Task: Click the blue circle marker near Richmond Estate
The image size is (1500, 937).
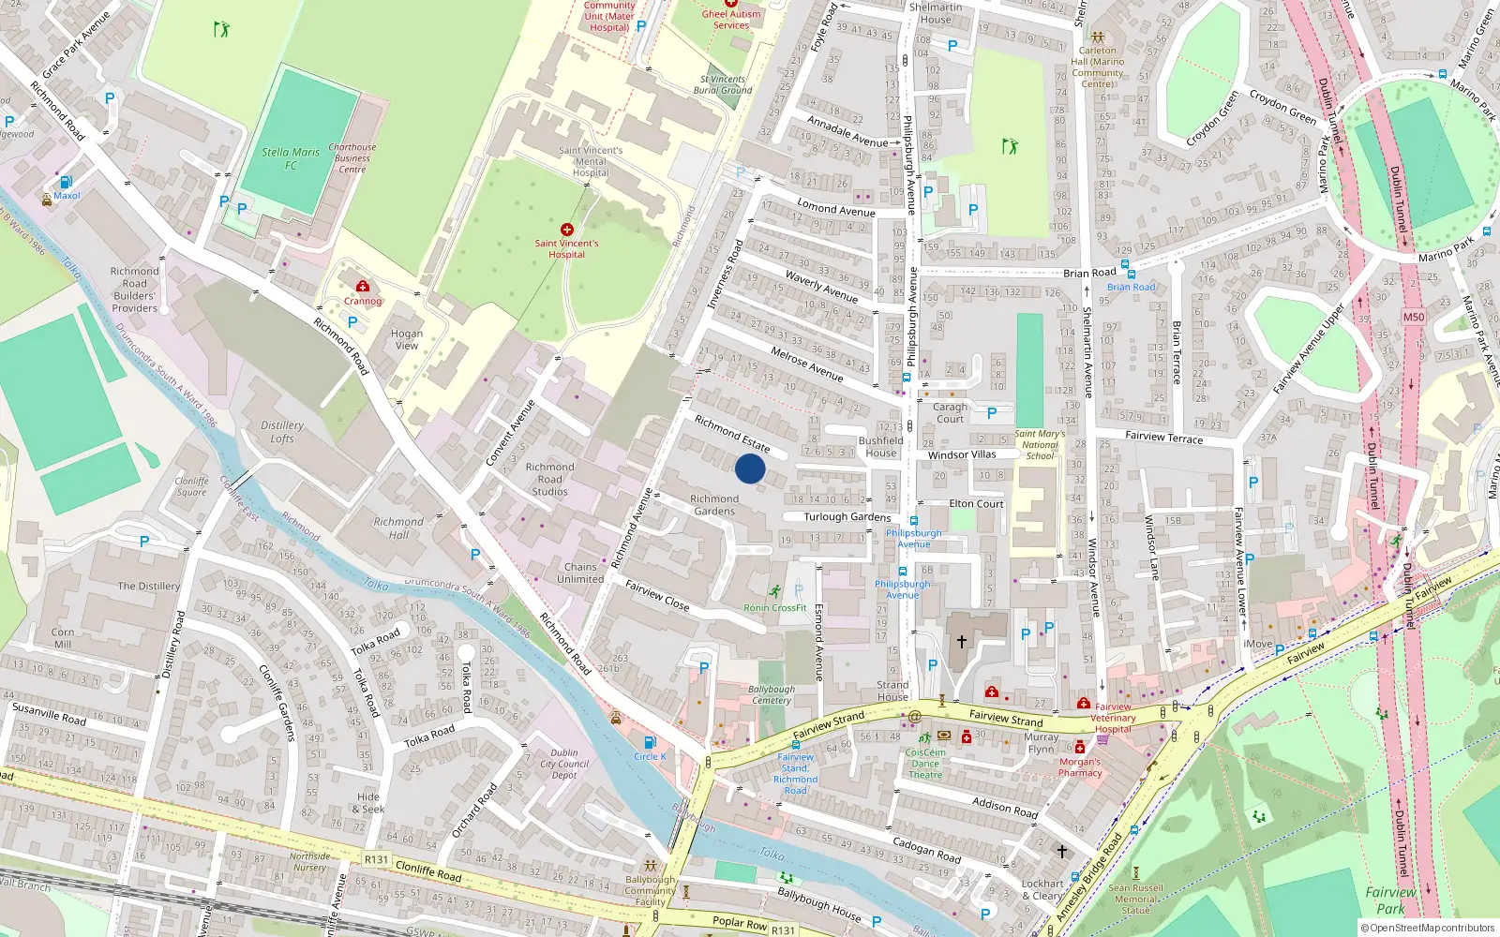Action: (750, 468)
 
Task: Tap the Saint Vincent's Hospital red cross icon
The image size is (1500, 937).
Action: (566, 230)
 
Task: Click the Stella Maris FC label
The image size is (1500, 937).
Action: (291, 158)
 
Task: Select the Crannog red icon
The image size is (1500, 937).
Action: (363, 286)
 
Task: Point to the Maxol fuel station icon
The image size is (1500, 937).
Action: (66, 182)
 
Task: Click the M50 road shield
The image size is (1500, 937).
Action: (1413, 317)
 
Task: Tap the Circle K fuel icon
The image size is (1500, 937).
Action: (650, 742)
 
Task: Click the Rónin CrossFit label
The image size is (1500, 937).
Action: (775, 607)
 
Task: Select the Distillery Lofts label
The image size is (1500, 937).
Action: (282, 432)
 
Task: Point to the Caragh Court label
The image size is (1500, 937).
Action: (950, 412)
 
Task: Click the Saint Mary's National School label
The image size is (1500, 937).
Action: (1040, 444)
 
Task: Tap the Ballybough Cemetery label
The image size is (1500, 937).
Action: (772, 694)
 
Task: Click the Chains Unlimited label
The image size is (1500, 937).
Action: (580, 573)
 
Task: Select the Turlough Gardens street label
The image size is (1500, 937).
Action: (847, 516)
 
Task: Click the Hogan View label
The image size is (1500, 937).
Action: (407, 339)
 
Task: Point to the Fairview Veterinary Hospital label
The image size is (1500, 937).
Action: (1113, 718)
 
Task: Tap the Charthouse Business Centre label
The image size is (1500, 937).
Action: (352, 158)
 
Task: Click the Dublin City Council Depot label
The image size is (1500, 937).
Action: (564, 764)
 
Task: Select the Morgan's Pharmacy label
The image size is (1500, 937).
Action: (1080, 767)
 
